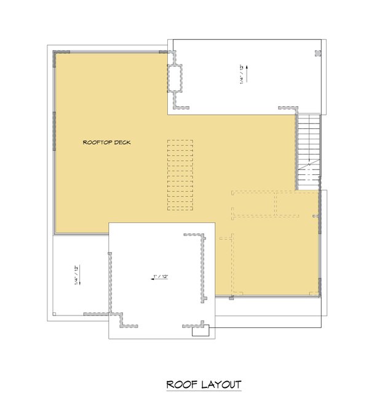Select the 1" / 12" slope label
pos(161,277)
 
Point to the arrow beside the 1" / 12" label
pos(151,277)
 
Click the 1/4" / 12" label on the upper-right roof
pos(242,75)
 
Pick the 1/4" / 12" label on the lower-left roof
pos(74,274)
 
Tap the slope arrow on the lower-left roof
pos(81,276)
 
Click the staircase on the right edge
pos(309,150)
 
